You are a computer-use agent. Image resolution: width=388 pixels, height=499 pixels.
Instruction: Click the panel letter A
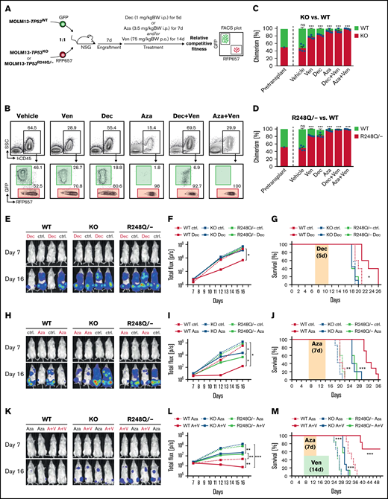5,6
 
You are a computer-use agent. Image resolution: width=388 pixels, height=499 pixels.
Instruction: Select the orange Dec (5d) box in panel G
308,227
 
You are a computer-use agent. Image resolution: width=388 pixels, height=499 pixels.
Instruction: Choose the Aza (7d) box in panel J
309,343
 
